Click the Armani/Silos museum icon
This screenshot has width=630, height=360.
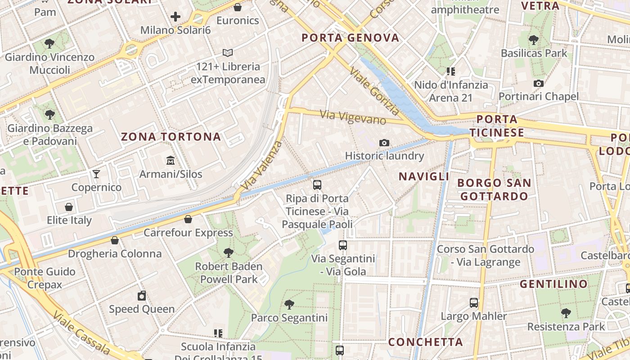coord(171,161)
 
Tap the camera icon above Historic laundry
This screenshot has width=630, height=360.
coord(384,143)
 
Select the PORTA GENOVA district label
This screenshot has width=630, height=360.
coord(351,38)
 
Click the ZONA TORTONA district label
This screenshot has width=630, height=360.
coord(171,137)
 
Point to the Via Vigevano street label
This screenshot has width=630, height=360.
coord(353,117)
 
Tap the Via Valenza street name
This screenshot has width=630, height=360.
coord(262,165)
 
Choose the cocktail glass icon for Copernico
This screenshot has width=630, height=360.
coord(96,174)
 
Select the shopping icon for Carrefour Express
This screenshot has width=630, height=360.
coord(188,219)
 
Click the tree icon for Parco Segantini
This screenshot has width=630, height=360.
coord(289,305)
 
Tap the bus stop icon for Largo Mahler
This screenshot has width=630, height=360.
coord(473,303)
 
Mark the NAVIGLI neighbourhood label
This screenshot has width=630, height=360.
coord(424,176)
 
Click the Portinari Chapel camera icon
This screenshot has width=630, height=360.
coord(538,83)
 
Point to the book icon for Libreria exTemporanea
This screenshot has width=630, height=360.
coord(228,53)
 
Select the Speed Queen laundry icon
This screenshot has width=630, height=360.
coord(142,296)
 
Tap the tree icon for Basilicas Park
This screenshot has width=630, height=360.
coord(534,40)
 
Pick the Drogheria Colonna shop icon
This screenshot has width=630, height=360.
coord(115,240)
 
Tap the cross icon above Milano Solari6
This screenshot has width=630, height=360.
coord(175,17)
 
